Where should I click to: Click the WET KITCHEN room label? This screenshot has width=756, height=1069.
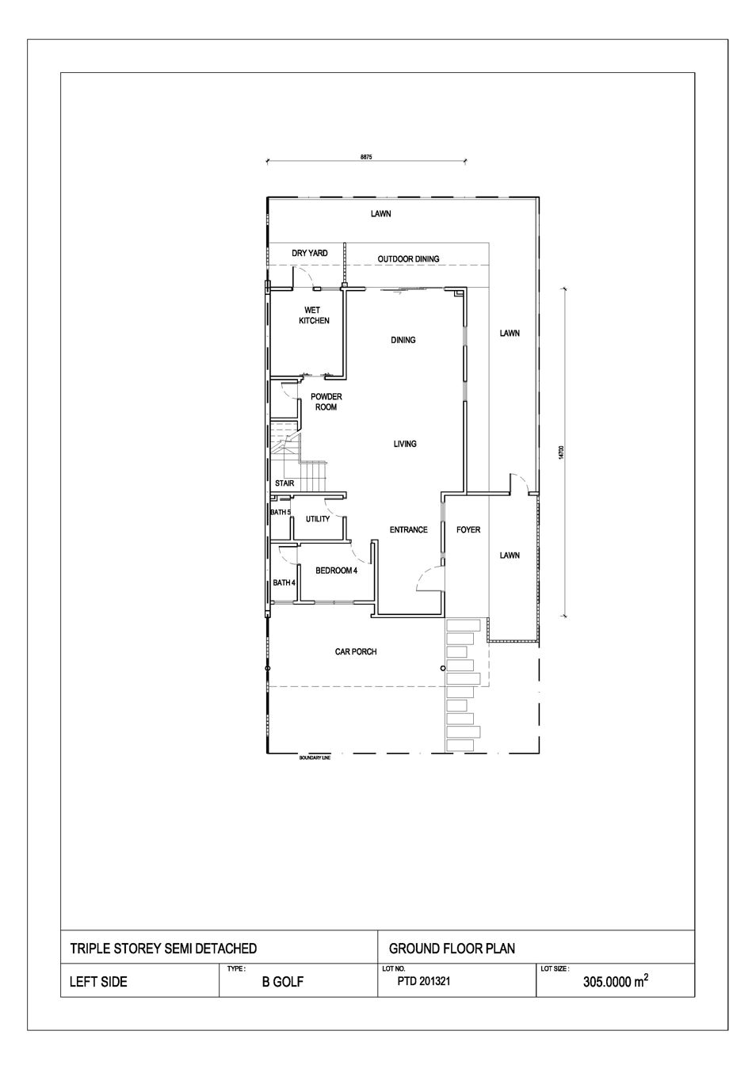click(314, 315)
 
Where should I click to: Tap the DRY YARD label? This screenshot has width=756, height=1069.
click(310, 253)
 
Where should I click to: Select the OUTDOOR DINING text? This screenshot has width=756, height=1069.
click(409, 258)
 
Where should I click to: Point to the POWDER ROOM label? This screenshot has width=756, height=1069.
click(326, 402)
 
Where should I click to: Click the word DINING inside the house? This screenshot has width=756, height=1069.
click(403, 340)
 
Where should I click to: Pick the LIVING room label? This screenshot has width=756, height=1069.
click(405, 444)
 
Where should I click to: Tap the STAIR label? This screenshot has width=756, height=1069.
click(284, 483)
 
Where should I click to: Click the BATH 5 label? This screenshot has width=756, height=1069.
click(281, 512)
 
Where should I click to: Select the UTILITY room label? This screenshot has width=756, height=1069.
click(318, 519)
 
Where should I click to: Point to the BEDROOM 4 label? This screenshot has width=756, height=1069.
click(337, 571)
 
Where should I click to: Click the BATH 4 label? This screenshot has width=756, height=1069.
click(284, 582)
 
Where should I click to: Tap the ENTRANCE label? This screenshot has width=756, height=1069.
click(409, 529)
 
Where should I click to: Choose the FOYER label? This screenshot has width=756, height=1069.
click(468, 529)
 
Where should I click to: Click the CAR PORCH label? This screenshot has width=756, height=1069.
click(356, 651)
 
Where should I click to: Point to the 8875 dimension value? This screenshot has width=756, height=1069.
click(366, 157)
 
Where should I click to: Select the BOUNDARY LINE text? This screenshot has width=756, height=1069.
click(315, 758)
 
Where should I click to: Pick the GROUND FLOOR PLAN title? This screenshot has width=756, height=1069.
click(452, 949)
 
